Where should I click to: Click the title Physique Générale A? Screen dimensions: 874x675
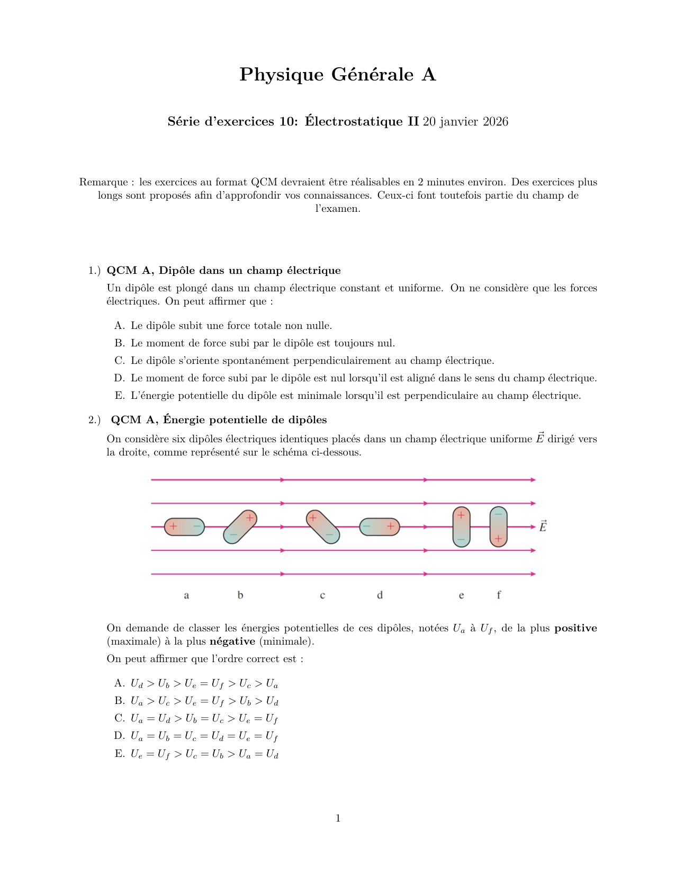337,75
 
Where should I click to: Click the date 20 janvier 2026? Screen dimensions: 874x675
465,122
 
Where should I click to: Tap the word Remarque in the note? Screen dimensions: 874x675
103,182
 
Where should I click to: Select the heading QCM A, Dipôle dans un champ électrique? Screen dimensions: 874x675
223,271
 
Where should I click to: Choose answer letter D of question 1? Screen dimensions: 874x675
119,378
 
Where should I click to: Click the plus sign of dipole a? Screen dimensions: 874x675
173,527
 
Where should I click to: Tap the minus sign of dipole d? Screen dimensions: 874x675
366,527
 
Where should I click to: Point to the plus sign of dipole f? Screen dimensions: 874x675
498,539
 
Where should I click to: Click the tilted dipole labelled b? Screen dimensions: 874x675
240,527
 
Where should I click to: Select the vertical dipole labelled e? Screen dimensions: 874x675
461,527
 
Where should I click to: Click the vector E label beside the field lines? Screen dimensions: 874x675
543,527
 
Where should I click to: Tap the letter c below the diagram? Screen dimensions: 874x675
322,595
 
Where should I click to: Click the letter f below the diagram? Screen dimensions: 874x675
499,595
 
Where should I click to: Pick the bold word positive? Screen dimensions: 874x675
575,628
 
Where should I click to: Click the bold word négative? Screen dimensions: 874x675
232,641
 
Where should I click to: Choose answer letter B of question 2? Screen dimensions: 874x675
119,701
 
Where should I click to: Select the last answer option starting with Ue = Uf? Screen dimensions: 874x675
204,754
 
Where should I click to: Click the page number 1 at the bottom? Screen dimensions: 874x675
338,818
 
